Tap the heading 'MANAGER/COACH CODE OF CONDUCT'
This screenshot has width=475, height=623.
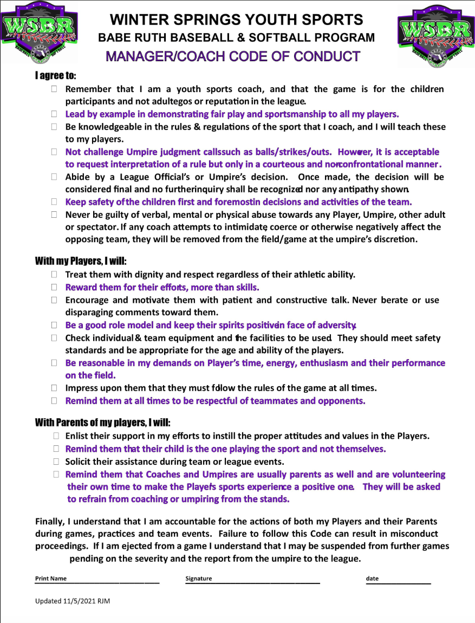(x=233, y=56)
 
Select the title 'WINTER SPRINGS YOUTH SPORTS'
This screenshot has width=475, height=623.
(x=236, y=20)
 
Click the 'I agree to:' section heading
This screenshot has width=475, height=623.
(x=56, y=75)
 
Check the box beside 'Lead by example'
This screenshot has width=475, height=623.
(x=54, y=114)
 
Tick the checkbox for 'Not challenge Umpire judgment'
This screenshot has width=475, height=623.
(x=54, y=152)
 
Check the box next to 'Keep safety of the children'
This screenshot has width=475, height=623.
(x=54, y=202)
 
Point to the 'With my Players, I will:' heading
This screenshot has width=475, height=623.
(x=81, y=261)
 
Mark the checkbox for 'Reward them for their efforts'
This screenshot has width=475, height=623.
(x=54, y=288)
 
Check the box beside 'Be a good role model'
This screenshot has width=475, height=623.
(x=54, y=326)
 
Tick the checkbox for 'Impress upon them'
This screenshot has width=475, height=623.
(x=54, y=388)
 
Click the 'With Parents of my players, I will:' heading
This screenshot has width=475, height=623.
(x=106, y=423)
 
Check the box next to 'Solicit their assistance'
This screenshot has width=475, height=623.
(x=56, y=462)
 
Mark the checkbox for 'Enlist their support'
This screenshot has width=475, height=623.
(x=56, y=436)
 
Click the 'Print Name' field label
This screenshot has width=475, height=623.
(x=51, y=579)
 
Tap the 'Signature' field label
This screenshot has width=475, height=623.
(x=198, y=579)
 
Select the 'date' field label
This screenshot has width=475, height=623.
(x=372, y=579)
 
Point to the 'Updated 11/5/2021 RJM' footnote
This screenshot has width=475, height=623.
(x=73, y=601)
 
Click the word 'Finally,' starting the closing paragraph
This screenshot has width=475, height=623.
(x=50, y=522)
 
